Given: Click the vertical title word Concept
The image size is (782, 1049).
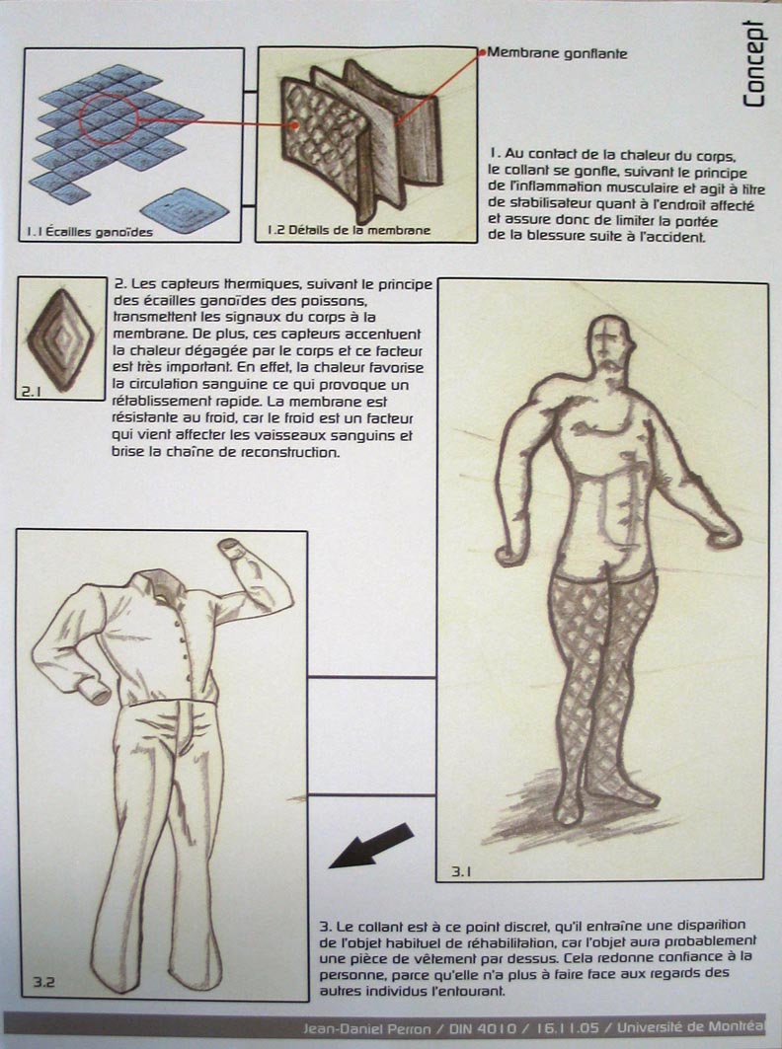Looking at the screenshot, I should click(754, 63).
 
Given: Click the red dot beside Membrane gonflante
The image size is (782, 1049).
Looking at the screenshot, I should click(483, 53).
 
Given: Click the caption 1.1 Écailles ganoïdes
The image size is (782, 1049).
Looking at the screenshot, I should click(90, 232).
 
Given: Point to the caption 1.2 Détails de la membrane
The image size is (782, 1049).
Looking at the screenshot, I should click(349, 231).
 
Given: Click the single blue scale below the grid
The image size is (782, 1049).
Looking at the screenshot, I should click(185, 208).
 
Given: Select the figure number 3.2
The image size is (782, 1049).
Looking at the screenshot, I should click(42, 982).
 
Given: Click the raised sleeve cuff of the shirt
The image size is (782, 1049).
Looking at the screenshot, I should click(231, 546).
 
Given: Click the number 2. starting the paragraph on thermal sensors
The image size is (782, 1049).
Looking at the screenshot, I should click(119, 282).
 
